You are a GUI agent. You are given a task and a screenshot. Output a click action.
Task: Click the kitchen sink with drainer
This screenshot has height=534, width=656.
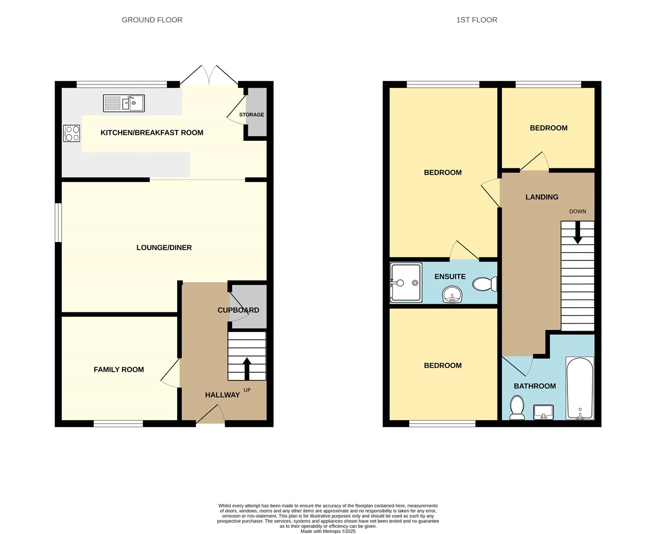[124, 103]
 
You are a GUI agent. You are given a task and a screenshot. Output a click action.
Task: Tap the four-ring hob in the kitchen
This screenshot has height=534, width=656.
[71, 133]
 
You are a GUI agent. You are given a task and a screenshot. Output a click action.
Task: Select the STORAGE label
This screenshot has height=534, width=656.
[251, 114]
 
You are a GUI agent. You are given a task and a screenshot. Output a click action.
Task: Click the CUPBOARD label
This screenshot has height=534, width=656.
[238, 310]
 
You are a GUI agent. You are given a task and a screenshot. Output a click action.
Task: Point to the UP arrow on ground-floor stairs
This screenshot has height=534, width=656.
[247, 369]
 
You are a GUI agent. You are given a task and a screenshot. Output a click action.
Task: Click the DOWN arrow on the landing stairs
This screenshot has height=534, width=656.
[578, 233]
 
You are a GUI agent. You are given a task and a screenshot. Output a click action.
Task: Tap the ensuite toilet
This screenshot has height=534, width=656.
[485, 284]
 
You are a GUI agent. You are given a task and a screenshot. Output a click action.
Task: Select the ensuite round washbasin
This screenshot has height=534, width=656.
[452, 294]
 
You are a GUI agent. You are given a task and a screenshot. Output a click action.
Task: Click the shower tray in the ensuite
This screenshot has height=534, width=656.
[406, 283]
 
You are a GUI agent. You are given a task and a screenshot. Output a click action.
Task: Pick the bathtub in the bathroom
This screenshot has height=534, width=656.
[580, 388]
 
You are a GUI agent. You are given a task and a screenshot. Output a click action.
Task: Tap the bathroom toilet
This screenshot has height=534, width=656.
[517, 408]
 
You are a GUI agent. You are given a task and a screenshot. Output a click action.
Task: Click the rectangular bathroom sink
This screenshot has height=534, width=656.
[544, 412]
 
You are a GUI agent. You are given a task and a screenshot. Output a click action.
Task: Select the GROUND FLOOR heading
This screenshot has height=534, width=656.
[152, 20]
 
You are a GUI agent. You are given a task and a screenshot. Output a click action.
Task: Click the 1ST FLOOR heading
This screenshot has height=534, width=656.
[477, 20]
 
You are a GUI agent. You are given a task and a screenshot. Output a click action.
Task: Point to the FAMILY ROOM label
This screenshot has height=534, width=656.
[119, 370]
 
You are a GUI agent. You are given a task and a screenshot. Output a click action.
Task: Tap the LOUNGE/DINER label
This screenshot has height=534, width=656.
[164, 248]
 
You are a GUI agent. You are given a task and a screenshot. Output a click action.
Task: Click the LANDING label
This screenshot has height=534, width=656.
[541, 197]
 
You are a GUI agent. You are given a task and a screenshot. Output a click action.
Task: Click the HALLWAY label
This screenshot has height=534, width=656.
[222, 395]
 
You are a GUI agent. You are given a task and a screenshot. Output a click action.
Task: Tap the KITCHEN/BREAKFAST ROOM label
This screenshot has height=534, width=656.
[152, 133]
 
